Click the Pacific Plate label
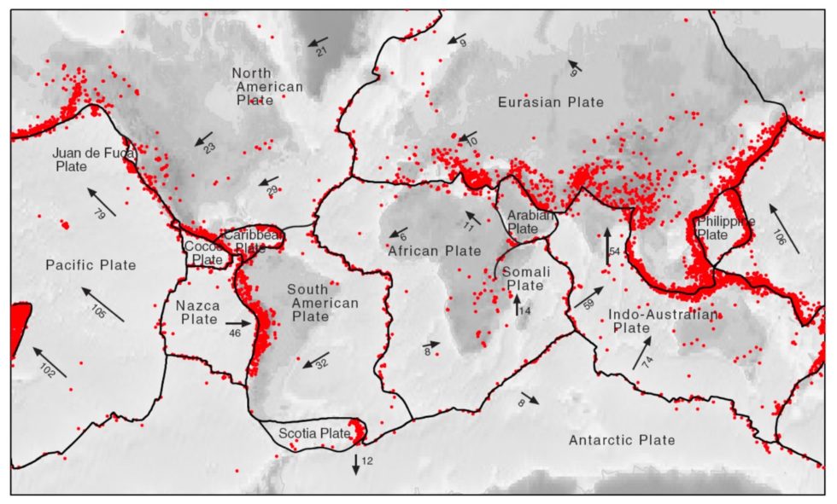pos(91,265)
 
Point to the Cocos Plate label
pos(206,252)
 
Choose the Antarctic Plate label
pos(622,440)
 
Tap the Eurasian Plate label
pos(551,102)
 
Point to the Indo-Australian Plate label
pos(663,321)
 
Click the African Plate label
pos(435,252)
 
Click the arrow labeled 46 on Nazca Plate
pos(240,324)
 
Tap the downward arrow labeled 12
pos(356,464)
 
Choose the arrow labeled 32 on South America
pos(316,359)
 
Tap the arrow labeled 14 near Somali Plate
pos(517,304)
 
